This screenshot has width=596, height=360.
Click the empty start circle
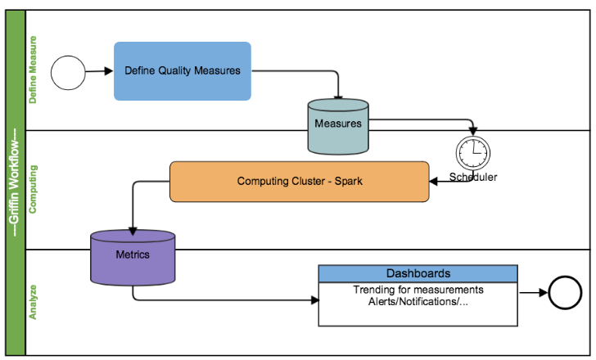coord(69,71)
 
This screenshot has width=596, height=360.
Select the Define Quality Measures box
coord(182,71)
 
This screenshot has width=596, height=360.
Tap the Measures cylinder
coord(338,125)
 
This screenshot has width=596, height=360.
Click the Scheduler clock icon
coord(473,153)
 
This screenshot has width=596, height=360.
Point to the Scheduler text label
coord(473,178)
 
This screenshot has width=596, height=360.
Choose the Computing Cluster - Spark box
coord(299,181)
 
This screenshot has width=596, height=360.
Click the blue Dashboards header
coord(418,273)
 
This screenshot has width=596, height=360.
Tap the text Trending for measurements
coord(418,290)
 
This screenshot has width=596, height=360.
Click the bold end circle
coord(564,292)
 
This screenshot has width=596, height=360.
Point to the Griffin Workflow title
coord(15,181)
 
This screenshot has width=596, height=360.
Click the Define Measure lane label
coord(34,70)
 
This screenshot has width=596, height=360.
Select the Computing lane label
coord(34,188)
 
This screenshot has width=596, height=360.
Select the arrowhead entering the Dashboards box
coord(314,299)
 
